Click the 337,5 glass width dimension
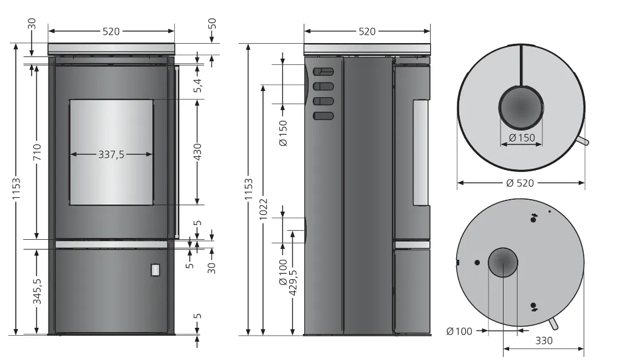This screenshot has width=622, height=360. (x=111, y=154)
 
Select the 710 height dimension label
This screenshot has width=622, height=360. (x=37, y=152)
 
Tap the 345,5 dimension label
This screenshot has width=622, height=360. (x=37, y=291)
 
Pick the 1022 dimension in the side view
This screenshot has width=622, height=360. (x=264, y=209)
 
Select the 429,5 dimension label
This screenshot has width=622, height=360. (x=293, y=282)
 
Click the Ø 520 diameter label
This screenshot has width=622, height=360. (x=520, y=183)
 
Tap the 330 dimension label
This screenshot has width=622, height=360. (x=544, y=341)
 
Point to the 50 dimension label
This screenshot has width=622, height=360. (x=212, y=24)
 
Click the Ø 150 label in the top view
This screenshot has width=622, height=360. (x=522, y=138)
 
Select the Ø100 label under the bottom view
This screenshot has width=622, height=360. (x=459, y=331)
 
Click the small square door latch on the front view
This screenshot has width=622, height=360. (x=155, y=270)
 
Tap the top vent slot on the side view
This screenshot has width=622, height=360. (x=323, y=72)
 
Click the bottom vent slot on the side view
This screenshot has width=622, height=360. (x=323, y=116)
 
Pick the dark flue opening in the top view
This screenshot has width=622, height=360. (x=521, y=107)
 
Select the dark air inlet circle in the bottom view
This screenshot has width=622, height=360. (x=503, y=262)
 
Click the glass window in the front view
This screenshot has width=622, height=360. (x=111, y=152)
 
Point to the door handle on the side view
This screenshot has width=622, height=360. (x=421, y=152)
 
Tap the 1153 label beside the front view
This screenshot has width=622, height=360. (x=16, y=189)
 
